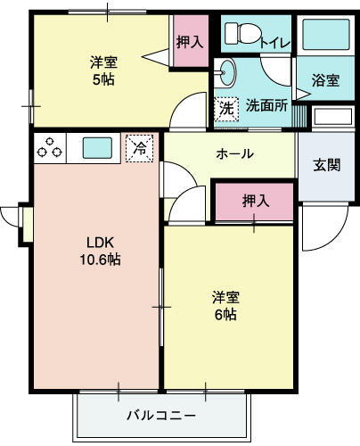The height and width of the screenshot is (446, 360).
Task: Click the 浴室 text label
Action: (x=325, y=80)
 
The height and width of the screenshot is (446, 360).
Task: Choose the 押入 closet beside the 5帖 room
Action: (x=187, y=40)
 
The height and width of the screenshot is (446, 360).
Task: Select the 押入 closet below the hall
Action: (x=255, y=202)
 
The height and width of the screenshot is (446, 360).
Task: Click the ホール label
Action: (x=235, y=153)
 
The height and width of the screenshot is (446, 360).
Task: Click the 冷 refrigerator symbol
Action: (x=139, y=147)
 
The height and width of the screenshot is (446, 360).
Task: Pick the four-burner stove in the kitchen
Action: (x=50, y=147)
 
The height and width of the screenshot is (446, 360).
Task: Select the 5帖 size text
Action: (x=103, y=78)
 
